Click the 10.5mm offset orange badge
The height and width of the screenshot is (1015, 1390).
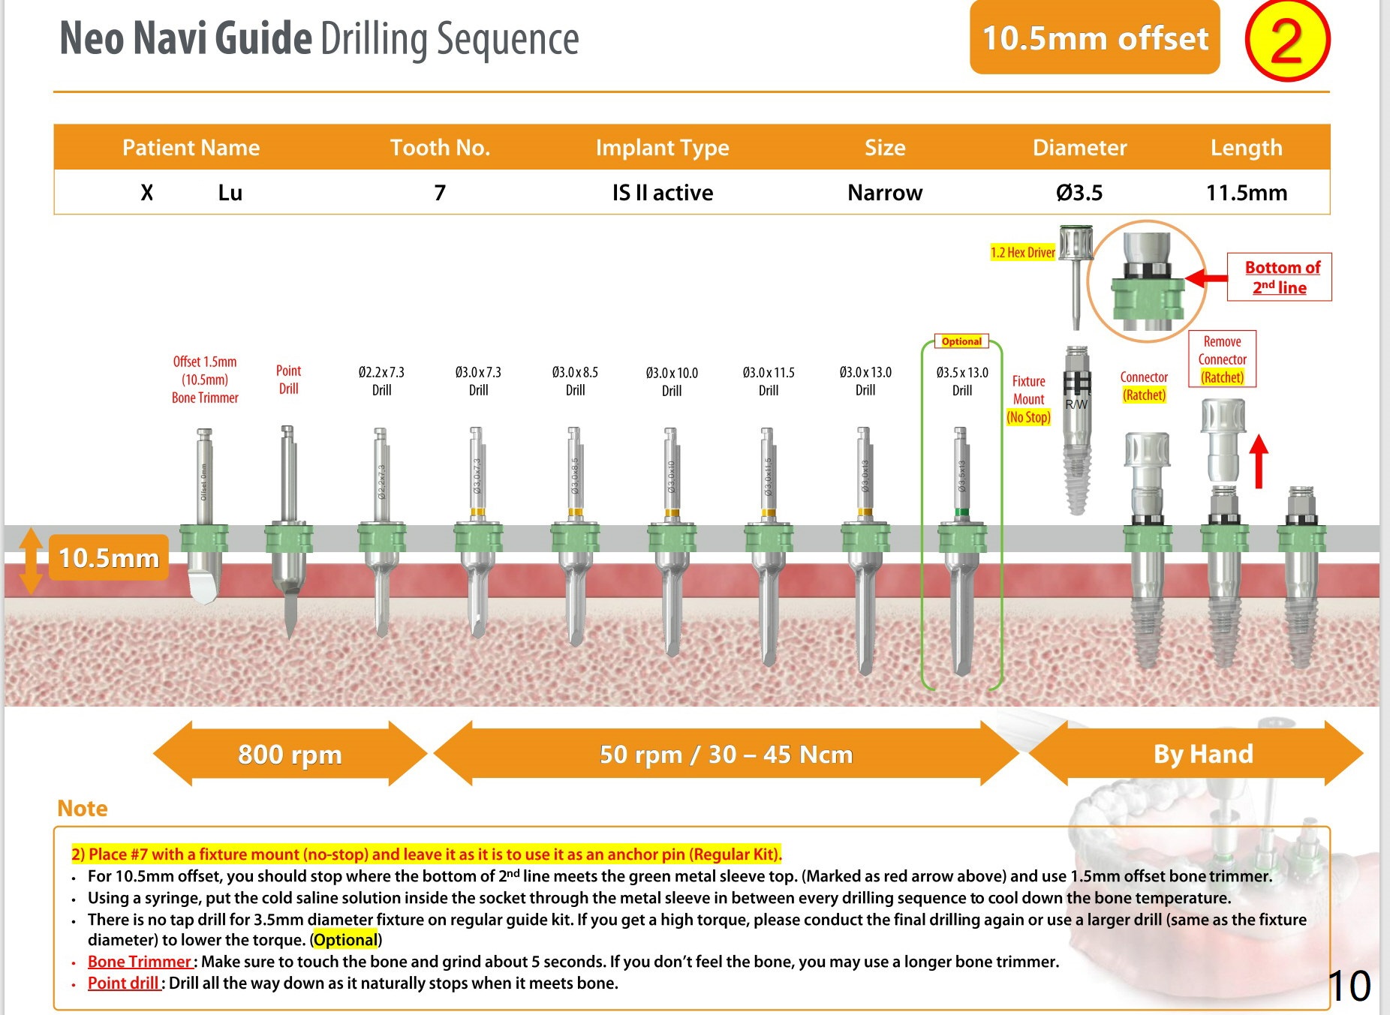(x=1094, y=38)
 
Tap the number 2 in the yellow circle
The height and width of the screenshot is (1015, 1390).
(x=1286, y=41)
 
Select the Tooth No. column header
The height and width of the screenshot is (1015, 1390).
(x=440, y=148)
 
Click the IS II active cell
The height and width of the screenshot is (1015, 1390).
(x=662, y=193)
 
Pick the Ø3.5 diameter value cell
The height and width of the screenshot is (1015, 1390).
(x=1079, y=193)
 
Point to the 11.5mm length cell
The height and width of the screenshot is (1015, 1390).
(x=1246, y=193)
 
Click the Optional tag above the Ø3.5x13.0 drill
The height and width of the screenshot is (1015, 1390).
(x=961, y=341)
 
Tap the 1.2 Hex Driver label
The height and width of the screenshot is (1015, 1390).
(x=1022, y=253)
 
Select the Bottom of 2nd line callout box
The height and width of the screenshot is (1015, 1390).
(x=1279, y=277)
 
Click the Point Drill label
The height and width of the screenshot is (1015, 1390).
(x=288, y=380)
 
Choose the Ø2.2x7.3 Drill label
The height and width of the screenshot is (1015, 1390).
(x=381, y=381)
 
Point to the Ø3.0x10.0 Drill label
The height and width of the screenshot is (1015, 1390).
(x=672, y=382)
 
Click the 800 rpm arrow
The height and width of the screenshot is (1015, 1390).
(x=290, y=754)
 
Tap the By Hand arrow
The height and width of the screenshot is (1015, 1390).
(x=1202, y=754)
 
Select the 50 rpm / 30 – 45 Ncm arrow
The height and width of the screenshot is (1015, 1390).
(x=726, y=754)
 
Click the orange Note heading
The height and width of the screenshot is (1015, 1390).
(x=83, y=809)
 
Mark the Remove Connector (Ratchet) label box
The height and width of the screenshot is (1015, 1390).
(x=1222, y=359)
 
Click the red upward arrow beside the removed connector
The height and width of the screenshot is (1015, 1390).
(x=1259, y=461)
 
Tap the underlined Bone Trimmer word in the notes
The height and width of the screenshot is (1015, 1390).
(x=140, y=962)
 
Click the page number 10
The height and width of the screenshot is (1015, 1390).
(x=1349, y=985)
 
